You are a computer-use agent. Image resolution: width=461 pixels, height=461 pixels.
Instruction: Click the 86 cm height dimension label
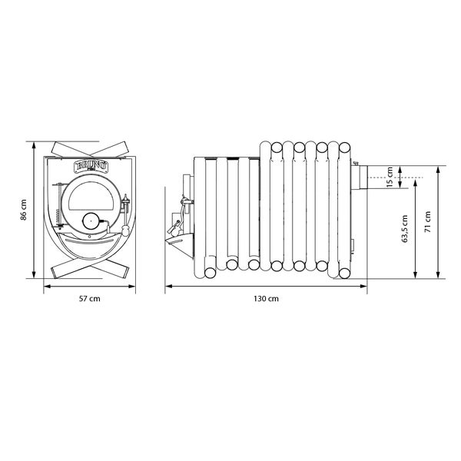24,210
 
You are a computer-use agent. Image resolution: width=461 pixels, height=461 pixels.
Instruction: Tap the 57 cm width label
89,299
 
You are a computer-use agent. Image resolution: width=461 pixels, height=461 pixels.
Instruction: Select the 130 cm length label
266,299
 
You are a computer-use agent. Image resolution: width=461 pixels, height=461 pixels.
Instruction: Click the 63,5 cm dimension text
405,229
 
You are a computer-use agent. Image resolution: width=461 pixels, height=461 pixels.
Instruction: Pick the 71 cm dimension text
428,222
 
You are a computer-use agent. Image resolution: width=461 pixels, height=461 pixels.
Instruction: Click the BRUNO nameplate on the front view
91,166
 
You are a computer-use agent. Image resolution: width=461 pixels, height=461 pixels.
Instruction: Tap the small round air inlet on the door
91,221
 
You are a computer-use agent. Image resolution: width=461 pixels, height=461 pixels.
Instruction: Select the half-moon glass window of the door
91,196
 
